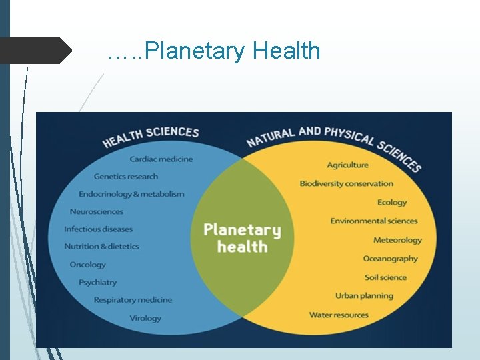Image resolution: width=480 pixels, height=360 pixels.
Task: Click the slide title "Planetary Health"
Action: click(214, 51)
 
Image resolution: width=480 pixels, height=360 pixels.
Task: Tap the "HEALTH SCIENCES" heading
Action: click(151, 137)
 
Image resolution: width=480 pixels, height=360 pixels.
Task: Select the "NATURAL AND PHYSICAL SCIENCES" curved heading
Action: click(333, 144)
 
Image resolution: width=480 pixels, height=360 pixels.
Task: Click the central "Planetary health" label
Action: click(242, 238)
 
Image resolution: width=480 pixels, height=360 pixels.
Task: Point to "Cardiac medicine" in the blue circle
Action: click(161, 159)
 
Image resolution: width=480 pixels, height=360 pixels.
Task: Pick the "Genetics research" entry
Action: click(126, 177)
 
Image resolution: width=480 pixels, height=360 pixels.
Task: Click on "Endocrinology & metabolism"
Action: click(131, 194)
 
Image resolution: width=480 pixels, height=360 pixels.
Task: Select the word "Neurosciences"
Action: click(97, 211)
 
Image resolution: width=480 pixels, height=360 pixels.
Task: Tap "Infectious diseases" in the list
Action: click(98, 229)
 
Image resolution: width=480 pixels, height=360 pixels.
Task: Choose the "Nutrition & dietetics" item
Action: click(101, 246)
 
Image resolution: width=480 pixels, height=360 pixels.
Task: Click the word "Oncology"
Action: click(87, 265)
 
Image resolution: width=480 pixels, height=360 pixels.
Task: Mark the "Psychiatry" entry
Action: click(97, 283)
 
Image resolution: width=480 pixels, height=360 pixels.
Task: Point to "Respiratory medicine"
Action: click(133, 300)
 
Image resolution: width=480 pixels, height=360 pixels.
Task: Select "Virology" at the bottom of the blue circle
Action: click(145, 318)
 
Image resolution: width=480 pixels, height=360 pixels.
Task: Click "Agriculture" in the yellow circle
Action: click(347, 165)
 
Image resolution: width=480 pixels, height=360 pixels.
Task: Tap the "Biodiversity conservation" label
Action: click(346, 183)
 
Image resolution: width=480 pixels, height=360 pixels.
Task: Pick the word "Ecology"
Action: click(392, 202)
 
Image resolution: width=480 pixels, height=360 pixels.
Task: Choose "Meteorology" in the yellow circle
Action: click(397, 240)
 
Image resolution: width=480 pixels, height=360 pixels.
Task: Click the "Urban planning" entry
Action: click(365, 295)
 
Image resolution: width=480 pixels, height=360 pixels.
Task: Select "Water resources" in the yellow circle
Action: click(339, 315)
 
